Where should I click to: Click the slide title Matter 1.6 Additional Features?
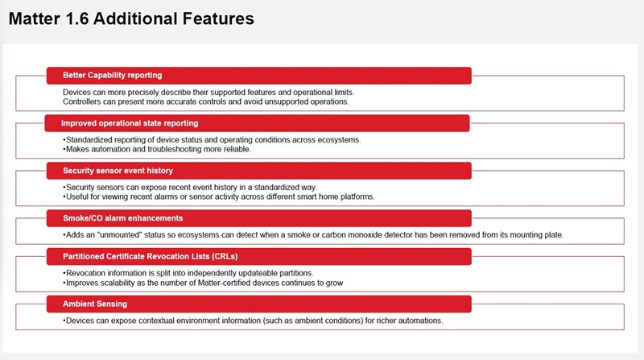click(x=131, y=19)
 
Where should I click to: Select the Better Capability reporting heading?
click(x=112, y=75)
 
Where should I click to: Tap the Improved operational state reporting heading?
click(x=130, y=123)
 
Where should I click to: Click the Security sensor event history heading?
click(x=118, y=171)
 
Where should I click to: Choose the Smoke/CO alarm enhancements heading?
click(x=123, y=218)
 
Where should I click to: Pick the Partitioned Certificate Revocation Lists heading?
click(x=151, y=256)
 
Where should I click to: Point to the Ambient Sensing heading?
click(x=95, y=304)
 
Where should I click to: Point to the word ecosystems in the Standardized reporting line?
click(x=340, y=139)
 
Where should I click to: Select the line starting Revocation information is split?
click(x=188, y=273)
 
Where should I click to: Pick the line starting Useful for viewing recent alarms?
click(x=219, y=197)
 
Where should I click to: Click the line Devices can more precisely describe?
click(x=208, y=92)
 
